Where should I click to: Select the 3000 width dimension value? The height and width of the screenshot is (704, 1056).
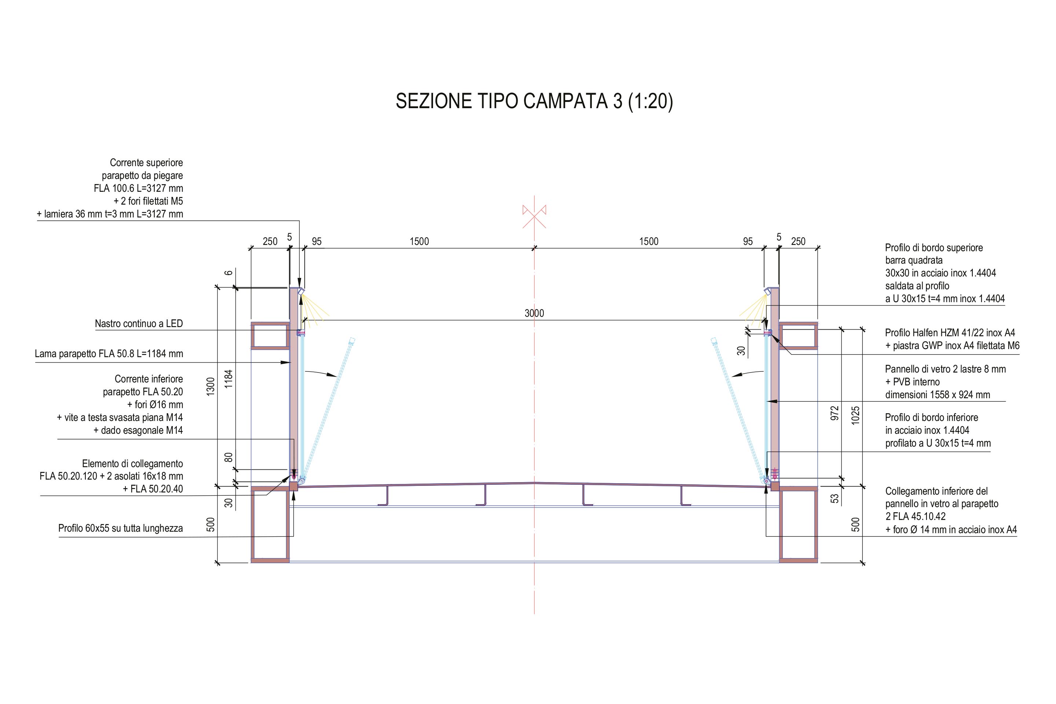click(x=534, y=313)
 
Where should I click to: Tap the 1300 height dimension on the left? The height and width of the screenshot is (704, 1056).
click(x=210, y=386)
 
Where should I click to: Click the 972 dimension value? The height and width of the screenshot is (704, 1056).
click(x=834, y=413)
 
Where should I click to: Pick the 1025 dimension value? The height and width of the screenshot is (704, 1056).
click(x=855, y=415)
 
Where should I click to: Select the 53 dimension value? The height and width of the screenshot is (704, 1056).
click(x=834, y=498)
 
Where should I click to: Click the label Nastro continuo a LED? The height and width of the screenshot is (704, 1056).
click(x=139, y=324)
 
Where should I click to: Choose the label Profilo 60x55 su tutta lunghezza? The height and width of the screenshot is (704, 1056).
click(x=120, y=528)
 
